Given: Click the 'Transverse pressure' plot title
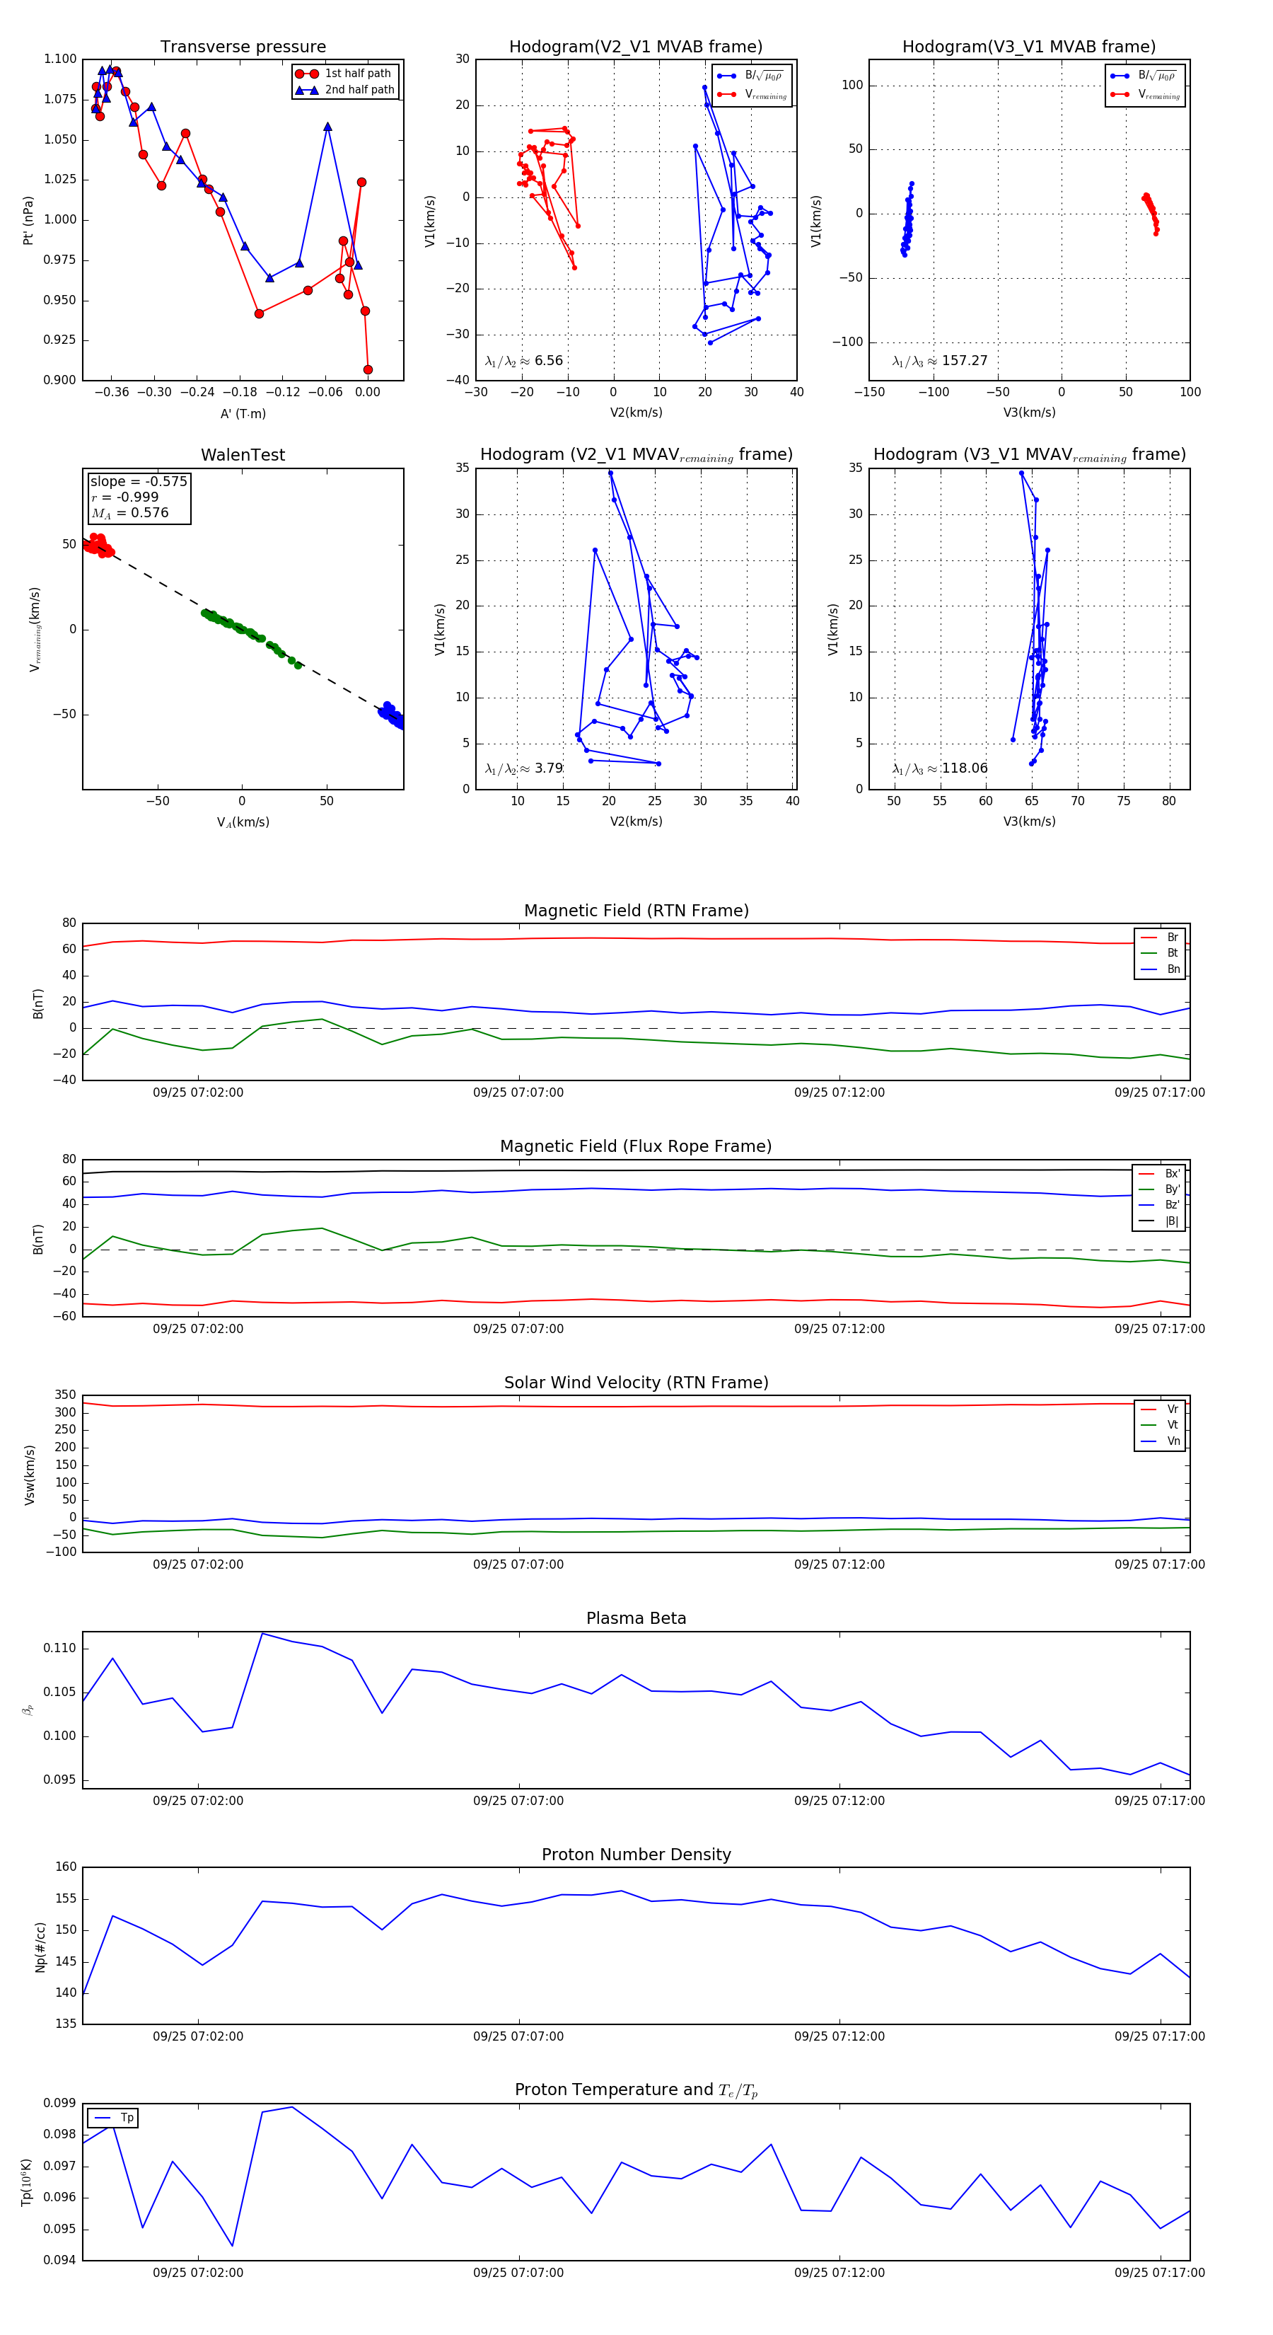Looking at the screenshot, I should (243, 47).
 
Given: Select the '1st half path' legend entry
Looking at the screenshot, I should (357, 74).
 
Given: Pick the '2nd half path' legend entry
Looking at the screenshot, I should (359, 90).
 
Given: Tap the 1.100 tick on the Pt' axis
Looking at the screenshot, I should (61, 59).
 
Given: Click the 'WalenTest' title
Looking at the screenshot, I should (243, 455).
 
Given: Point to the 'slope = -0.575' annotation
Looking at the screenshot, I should (139, 481).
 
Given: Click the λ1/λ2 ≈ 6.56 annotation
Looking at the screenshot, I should (523, 361).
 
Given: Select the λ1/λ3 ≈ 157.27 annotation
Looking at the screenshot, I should (940, 361).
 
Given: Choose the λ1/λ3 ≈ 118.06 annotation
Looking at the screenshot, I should (940, 768).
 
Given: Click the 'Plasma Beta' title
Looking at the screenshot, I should (636, 1618).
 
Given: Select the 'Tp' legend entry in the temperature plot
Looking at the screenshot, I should (126, 2118).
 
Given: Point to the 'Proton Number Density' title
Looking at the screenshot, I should (636, 1854).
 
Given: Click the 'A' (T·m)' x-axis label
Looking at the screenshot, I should (243, 413).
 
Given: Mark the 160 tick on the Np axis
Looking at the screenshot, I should (66, 1867).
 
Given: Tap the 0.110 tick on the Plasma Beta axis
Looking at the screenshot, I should (61, 1648).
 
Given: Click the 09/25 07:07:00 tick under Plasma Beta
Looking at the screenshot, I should (518, 1800).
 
